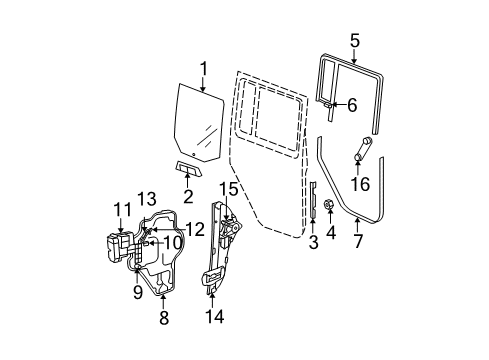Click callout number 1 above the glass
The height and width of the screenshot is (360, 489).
(203, 69)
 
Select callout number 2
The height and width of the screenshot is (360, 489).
(186, 194)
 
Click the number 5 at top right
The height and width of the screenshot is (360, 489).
(354, 40)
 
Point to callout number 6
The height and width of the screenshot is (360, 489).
(351, 104)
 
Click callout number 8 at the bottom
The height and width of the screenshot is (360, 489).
(165, 317)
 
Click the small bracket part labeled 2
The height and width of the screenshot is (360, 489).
(187, 166)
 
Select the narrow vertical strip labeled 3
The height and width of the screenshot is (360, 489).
(313, 211)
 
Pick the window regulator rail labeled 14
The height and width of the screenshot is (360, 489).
(214, 260)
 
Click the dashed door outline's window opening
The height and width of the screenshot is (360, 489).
(275, 105)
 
